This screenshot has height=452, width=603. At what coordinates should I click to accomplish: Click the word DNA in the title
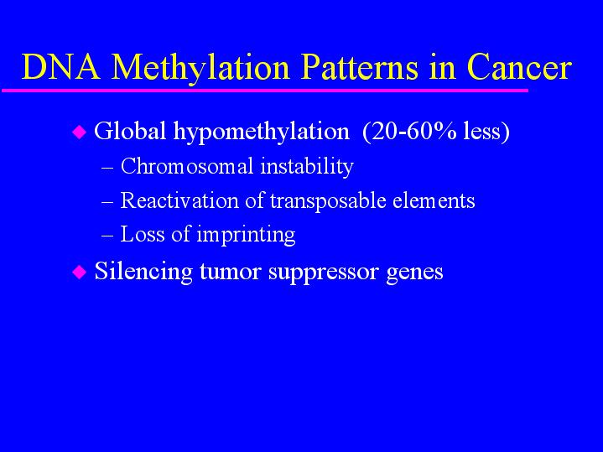coord(61,67)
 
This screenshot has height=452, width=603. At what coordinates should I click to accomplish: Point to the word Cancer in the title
coord(519,68)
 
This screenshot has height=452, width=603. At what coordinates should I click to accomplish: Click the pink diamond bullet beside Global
coord(80,132)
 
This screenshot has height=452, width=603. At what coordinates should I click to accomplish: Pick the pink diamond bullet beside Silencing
coord(80,273)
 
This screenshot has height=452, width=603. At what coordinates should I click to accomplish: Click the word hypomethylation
coord(262,132)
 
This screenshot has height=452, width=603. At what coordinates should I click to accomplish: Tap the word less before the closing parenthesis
coord(482,132)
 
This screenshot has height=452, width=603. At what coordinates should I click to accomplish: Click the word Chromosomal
coord(187,166)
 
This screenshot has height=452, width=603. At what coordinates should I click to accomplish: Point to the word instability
coord(307,167)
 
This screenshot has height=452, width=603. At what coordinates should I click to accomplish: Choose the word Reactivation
coord(179,200)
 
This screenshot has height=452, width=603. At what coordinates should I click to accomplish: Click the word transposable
coord(328,201)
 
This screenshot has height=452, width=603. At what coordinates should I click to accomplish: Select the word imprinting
coord(246,235)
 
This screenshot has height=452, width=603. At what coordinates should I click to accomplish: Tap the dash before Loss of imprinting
coord(107,236)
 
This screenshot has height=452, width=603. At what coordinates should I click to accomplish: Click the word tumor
coord(231,272)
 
